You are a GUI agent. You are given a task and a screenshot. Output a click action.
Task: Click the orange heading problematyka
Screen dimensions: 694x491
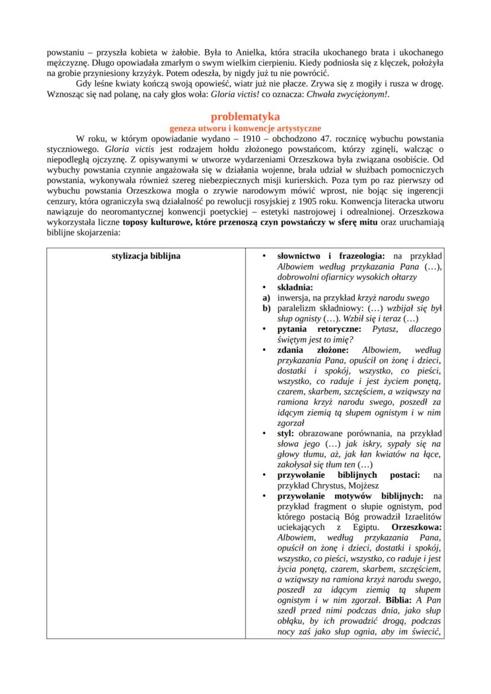tap(245, 116)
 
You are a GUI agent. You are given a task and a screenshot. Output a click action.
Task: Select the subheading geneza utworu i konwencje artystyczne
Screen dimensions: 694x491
tap(245, 127)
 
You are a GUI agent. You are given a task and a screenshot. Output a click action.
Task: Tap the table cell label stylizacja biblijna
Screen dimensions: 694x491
tap(146, 256)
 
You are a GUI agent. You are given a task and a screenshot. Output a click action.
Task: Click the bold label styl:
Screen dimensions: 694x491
tap(286, 433)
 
